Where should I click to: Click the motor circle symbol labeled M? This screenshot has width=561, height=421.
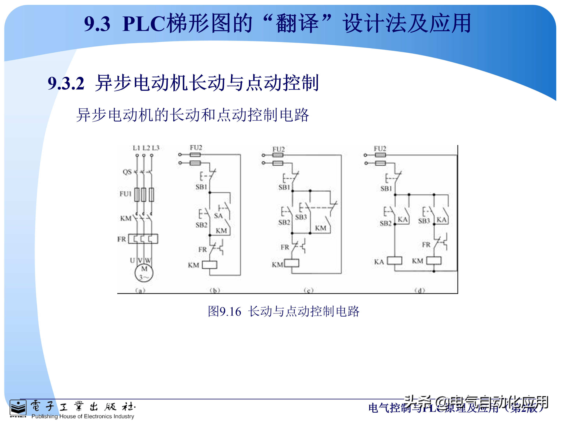click(144, 273)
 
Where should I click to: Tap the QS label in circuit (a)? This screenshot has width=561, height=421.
click(127, 172)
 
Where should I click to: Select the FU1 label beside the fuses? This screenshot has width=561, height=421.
click(125, 194)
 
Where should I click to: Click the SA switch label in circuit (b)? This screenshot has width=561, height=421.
click(218, 216)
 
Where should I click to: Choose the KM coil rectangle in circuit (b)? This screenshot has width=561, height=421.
click(209, 265)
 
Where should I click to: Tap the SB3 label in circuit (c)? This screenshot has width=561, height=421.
click(301, 217)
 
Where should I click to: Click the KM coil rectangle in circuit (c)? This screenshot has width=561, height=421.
click(292, 263)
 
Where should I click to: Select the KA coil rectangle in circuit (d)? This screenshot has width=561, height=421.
click(395, 261)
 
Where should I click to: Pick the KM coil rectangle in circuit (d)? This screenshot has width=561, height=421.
click(434, 261)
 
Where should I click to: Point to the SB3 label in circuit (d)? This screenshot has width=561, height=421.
click(424, 221)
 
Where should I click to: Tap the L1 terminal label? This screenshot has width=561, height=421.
click(136, 148)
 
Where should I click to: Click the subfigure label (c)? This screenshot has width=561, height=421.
click(309, 290)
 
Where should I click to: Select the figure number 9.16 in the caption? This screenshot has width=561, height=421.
click(230, 312)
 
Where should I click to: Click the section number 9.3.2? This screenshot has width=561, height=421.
click(66, 83)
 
